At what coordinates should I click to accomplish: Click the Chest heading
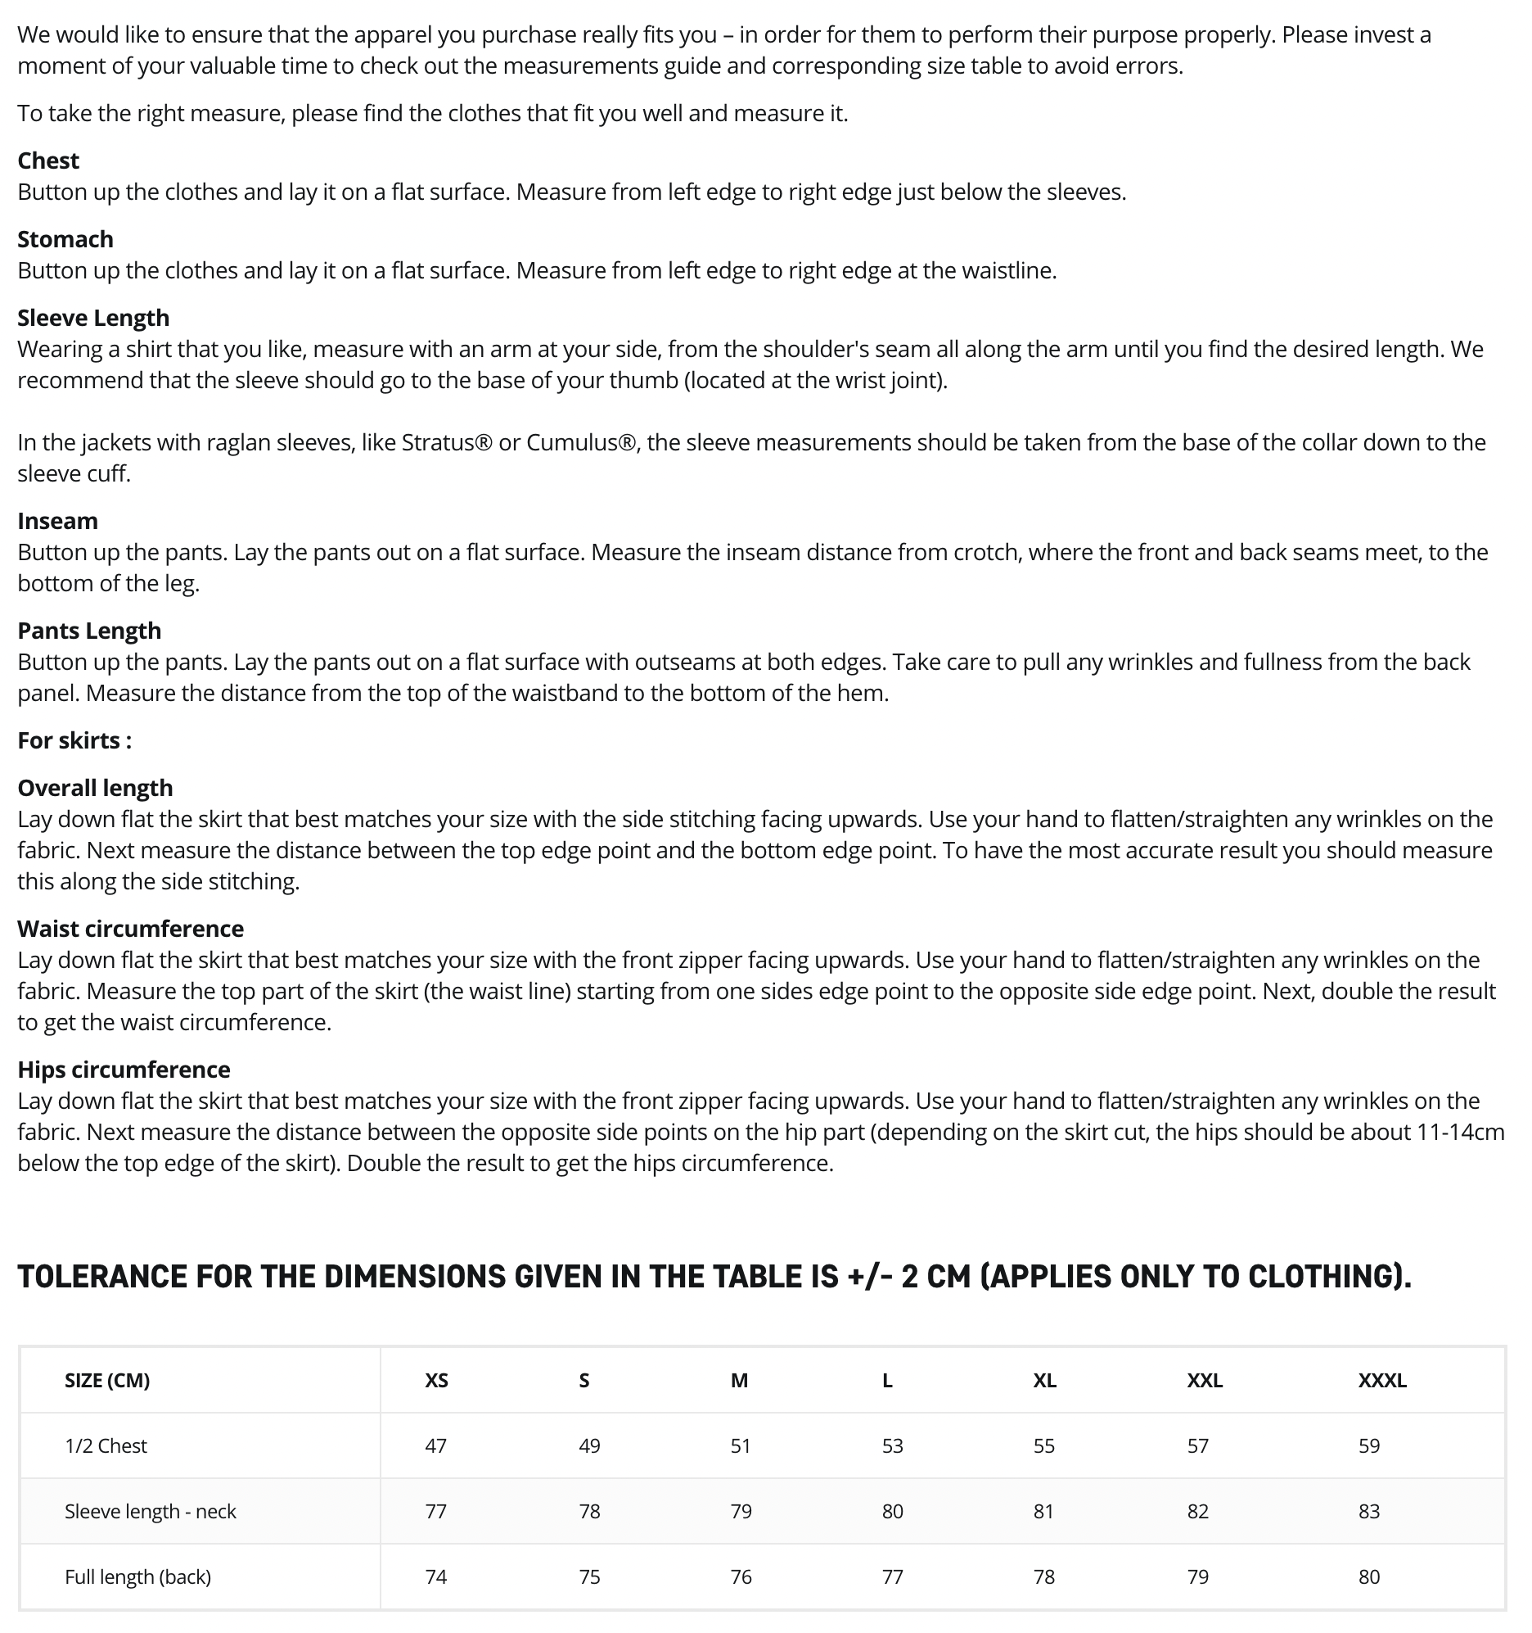(48, 161)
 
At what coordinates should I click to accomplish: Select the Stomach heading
(65, 240)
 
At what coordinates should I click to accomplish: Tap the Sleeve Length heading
(93, 318)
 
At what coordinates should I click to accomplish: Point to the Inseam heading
(57, 522)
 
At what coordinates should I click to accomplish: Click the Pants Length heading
(89, 631)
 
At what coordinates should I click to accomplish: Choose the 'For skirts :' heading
(74, 741)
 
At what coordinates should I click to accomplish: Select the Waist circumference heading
(131, 929)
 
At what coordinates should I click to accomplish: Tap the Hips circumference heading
(124, 1070)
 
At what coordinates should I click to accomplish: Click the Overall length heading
(95, 789)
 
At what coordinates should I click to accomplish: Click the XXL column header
(1205, 1381)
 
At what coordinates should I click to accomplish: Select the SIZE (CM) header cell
(107, 1381)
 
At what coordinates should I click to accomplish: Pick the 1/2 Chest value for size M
(741, 1446)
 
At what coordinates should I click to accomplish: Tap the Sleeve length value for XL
(1043, 1513)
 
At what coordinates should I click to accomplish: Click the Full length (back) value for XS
(436, 1578)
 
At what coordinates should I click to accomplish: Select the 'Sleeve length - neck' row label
(151, 1513)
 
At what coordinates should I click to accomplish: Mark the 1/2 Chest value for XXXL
(1368, 1446)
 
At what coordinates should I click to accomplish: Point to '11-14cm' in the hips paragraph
(1461, 1133)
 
